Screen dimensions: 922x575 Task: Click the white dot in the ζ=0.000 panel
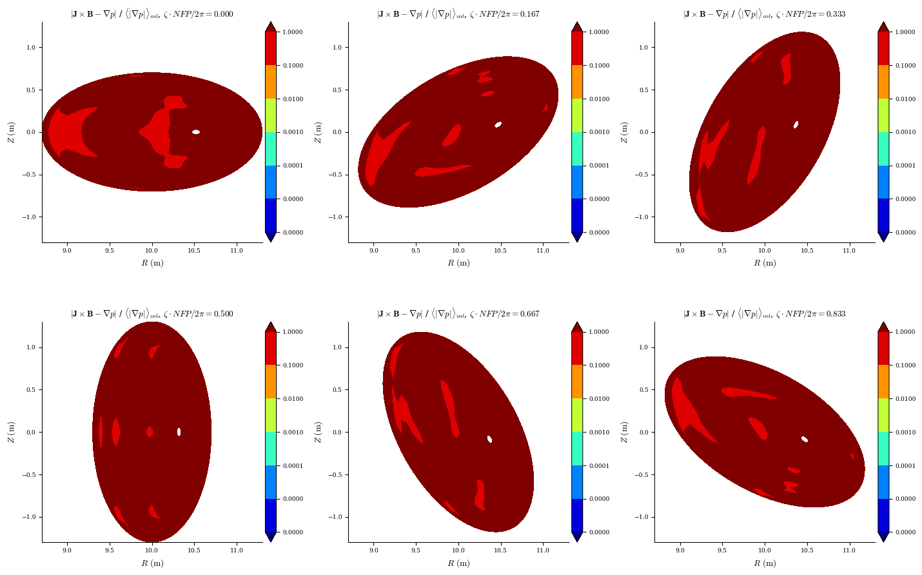[x=196, y=132]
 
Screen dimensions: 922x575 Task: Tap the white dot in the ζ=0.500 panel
[x=179, y=432]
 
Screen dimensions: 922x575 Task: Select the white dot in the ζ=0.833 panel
[x=805, y=439]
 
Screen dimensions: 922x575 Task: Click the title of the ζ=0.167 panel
[x=458, y=14]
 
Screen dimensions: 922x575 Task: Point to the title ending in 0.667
[x=458, y=314]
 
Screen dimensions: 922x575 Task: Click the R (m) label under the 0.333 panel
[x=765, y=263]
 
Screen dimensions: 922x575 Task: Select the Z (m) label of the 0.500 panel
[x=11, y=432]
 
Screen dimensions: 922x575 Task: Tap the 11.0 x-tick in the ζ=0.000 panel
[x=237, y=251]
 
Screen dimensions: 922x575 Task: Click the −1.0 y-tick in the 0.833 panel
[x=642, y=517]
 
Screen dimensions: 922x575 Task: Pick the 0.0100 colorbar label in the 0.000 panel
[x=293, y=99]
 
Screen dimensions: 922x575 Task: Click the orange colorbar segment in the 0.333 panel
[x=883, y=82]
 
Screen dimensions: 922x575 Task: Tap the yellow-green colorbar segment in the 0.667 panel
[x=577, y=415]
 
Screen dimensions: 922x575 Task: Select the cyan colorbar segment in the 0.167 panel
[x=577, y=149]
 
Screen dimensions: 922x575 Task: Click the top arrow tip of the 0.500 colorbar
[x=270, y=322]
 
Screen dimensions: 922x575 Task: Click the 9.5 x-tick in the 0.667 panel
[x=416, y=551]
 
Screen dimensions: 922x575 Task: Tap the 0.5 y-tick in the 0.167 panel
[x=337, y=90]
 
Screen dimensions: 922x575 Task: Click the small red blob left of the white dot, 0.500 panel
[x=150, y=432]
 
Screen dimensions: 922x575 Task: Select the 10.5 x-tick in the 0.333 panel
[x=807, y=251]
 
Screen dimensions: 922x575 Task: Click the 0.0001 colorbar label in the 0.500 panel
[x=293, y=465]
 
